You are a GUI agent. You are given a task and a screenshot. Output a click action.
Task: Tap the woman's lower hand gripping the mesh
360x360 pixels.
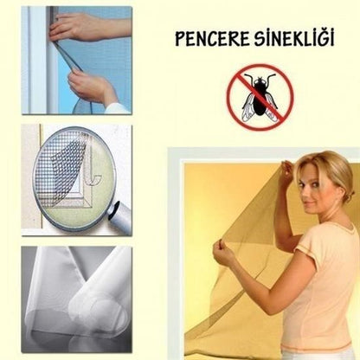pyautogui.click(x=224, y=254)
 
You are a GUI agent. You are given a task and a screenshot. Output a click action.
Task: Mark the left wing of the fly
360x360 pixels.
pyautogui.click(x=247, y=105)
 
